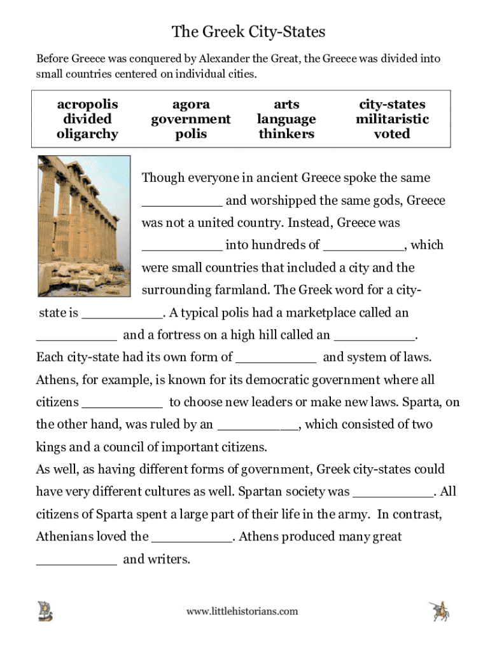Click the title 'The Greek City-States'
[x=248, y=31]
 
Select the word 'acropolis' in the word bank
[x=87, y=104]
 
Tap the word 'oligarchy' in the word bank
[x=87, y=134]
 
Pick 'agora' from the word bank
[x=191, y=104]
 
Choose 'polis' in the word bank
[x=191, y=134]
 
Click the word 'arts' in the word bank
[x=286, y=104]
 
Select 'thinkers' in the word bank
[x=286, y=134]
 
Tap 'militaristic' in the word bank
[x=392, y=119]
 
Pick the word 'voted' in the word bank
[x=392, y=134]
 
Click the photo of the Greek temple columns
[x=84, y=226]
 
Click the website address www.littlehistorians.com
[x=242, y=612]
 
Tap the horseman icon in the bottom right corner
[x=440, y=611]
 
